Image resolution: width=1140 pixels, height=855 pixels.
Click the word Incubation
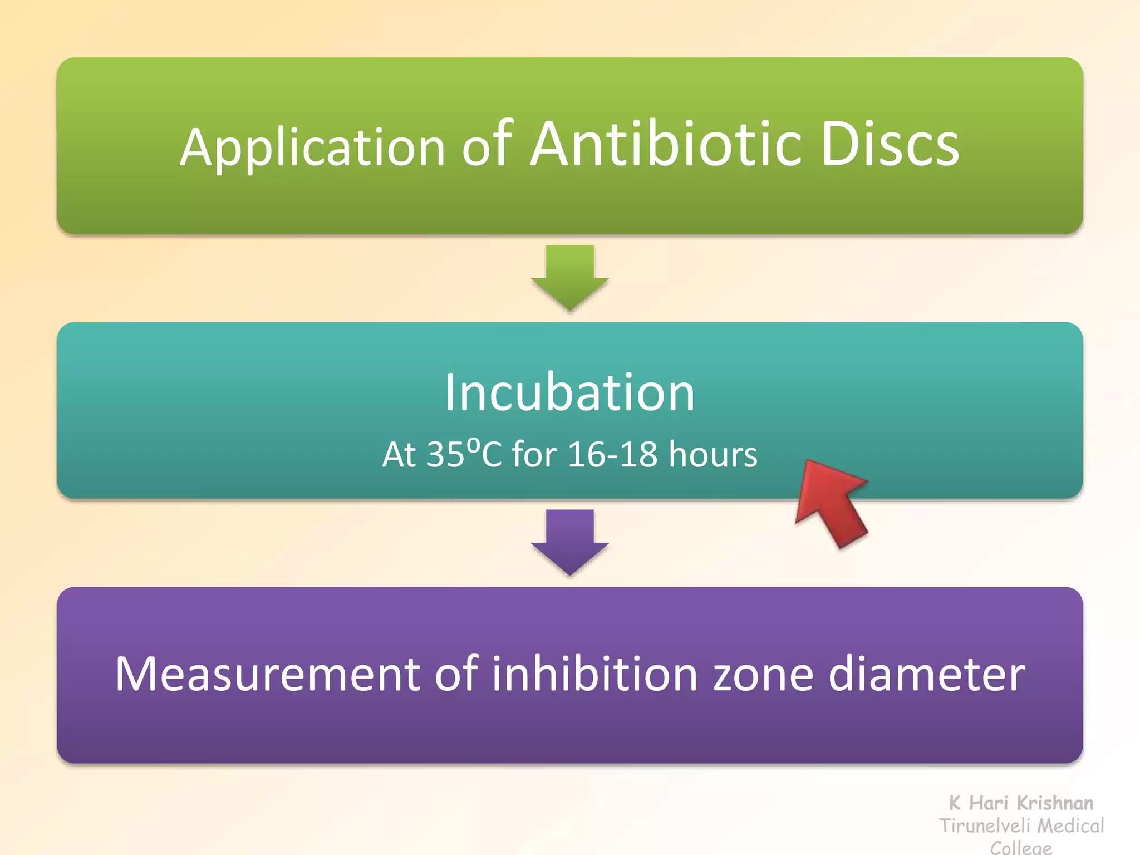click(x=569, y=392)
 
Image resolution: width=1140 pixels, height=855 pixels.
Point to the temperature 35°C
click(x=464, y=454)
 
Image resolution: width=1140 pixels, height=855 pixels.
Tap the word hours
click(x=712, y=454)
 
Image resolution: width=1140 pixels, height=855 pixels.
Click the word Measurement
click(x=267, y=674)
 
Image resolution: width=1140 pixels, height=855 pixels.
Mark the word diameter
click(x=926, y=674)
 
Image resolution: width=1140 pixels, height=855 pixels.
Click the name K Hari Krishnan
click(x=1021, y=803)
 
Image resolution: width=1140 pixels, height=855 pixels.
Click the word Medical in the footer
click(x=1071, y=825)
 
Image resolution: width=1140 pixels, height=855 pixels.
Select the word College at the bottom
click(x=1021, y=847)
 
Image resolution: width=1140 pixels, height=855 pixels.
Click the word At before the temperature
click(x=399, y=454)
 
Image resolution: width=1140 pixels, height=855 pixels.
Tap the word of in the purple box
click(x=456, y=673)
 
